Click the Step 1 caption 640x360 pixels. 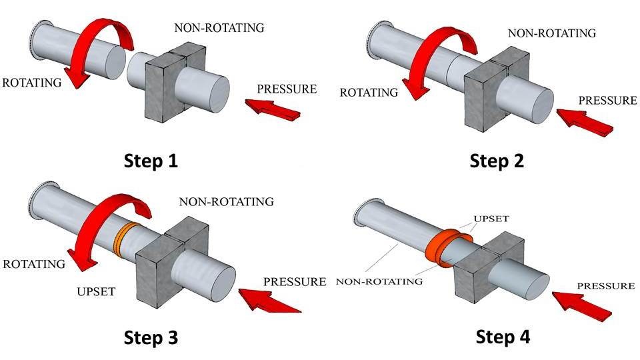pos(150,161)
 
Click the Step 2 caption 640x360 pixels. pos(497,161)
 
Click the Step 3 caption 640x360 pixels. pos(151,337)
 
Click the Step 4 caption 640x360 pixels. pos(503,337)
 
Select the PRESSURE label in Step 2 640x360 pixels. pos(607,101)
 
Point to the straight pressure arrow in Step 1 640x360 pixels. pos(274,108)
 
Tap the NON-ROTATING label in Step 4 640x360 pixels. pos(381,281)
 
